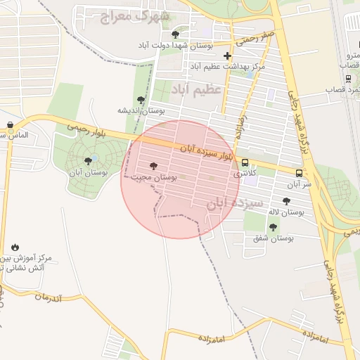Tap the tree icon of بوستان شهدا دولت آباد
[175, 34]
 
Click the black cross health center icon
[226, 56]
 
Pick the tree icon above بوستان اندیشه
[141, 100]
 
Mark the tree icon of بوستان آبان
[88, 161]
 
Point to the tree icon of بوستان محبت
[154, 167]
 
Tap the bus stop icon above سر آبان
[300, 173]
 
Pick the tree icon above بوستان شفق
[273, 227]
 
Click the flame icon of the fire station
[15, 247]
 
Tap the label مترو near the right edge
[353, 55]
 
